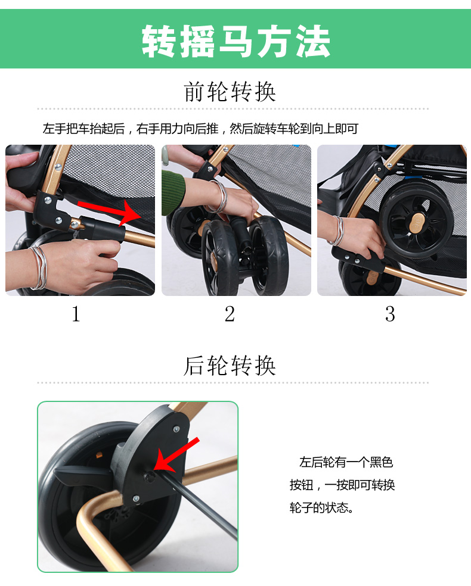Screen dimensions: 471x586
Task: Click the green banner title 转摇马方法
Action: pos(235,42)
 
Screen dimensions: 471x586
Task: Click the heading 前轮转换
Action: pos(230,92)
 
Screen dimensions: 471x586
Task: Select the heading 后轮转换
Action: pos(230,366)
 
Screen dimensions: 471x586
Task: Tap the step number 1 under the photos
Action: pos(76,314)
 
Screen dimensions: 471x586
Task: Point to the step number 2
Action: pos(230,314)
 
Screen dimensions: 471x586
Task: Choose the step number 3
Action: pos(390,314)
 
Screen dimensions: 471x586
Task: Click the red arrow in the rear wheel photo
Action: pos(176,455)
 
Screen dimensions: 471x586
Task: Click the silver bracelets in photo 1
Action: pos(40,267)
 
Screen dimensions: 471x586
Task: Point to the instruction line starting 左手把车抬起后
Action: pos(200,129)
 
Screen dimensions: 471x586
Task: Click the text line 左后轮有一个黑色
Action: pos(346,462)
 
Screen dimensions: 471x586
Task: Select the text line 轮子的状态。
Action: pos(321,507)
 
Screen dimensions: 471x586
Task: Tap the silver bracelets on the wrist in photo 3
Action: pos(339,230)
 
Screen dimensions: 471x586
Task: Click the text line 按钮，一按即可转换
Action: pos(342,485)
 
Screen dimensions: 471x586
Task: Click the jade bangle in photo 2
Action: pos(165,162)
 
